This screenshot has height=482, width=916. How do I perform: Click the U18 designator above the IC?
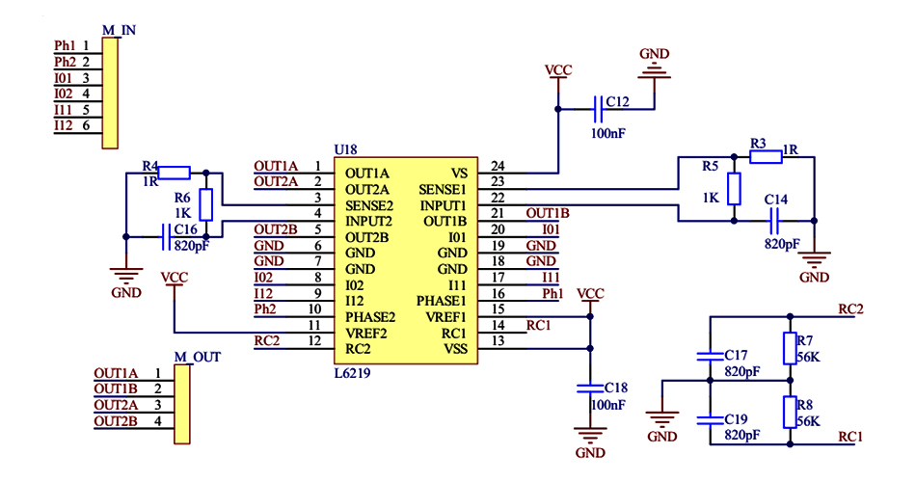click(345, 149)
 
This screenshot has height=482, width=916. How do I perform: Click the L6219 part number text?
click(352, 372)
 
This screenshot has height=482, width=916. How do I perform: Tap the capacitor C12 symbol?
click(598, 104)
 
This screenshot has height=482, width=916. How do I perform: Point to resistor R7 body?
click(791, 346)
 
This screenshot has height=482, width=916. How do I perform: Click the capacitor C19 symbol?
click(710, 419)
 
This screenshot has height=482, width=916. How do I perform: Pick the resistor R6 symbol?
click(205, 204)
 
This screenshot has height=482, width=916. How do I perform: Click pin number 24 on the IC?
click(497, 166)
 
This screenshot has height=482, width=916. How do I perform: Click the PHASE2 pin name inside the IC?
click(370, 316)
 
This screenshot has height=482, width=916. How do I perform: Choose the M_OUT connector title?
click(198, 357)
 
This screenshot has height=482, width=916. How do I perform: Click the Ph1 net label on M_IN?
click(66, 45)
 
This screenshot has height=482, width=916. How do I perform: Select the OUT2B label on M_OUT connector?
click(116, 421)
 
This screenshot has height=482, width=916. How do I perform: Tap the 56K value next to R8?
click(808, 421)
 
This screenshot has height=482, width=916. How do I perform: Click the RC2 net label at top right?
click(850, 309)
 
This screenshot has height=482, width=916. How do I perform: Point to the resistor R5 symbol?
click(735, 189)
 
